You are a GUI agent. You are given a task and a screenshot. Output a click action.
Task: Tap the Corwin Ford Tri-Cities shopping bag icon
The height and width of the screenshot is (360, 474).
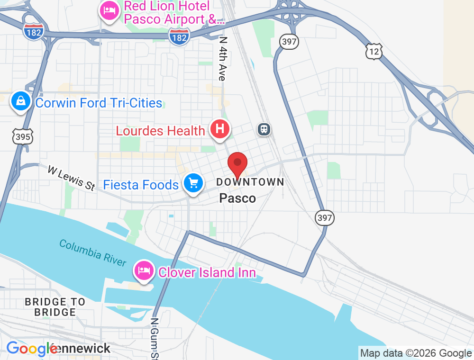(x=21, y=102)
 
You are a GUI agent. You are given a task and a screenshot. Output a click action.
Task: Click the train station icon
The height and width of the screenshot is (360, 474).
(x=264, y=129)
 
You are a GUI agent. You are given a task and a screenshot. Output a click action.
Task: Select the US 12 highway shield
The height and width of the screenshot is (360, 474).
(x=374, y=51)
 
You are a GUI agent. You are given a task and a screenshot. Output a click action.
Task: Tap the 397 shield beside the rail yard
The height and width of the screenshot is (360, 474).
(x=325, y=218)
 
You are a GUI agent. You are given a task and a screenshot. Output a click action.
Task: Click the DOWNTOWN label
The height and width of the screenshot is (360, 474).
(x=250, y=182)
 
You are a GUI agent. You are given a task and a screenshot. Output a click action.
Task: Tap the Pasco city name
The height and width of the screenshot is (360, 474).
(x=237, y=198)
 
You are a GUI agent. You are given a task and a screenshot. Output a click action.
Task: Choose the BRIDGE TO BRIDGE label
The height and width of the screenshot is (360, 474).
(x=55, y=307)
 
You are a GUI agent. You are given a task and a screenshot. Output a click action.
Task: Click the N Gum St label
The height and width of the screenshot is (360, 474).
(x=154, y=338)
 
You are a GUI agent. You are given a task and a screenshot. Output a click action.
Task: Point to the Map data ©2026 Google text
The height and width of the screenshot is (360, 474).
(x=416, y=353)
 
